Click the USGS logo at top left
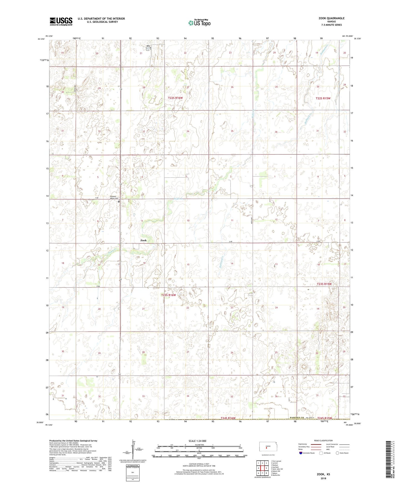[x=61, y=21]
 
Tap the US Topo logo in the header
[x=199, y=23]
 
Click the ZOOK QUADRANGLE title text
[x=331, y=18]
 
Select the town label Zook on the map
[x=143, y=240]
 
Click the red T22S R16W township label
[x=175, y=98]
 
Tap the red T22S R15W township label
[x=323, y=98]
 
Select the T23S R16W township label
[x=168, y=295]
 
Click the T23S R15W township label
[x=324, y=284]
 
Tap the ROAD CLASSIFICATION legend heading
[x=324, y=440]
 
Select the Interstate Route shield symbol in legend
[x=301, y=453]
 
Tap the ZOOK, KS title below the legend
[x=323, y=474]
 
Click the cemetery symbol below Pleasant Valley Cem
[x=118, y=202]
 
